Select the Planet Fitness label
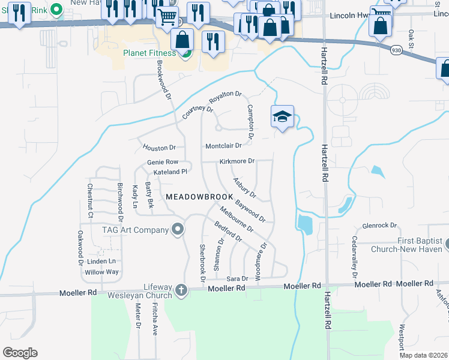click(x=149, y=53)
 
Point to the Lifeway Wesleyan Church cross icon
click(x=181, y=292)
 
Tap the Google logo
click(x=20, y=353)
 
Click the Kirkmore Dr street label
click(x=237, y=161)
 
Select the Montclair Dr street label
click(x=223, y=146)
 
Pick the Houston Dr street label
click(x=159, y=148)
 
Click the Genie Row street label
click(x=163, y=162)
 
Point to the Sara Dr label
click(x=237, y=279)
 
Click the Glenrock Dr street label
click(x=380, y=226)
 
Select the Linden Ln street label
click(x=101, y=262)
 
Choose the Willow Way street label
click(x=101, y=272)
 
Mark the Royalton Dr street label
click(x=225, y=97)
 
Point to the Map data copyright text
click(x=423, y=355)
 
